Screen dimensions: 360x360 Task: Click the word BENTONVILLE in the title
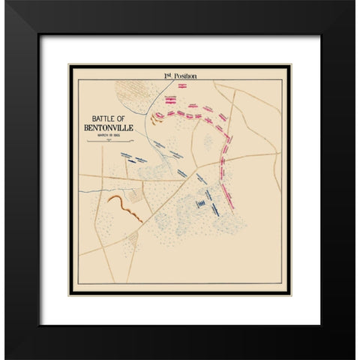(112, 126)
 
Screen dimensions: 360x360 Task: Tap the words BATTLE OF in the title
(112, 117)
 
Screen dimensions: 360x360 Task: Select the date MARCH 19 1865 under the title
(112, 134)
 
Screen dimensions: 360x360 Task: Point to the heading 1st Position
(179, 76)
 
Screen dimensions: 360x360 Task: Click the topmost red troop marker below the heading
(180, 88)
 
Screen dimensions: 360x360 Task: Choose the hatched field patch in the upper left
(133, 94)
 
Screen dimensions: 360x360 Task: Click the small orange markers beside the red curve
(157, 116)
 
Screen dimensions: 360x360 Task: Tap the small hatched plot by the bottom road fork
(132, 240)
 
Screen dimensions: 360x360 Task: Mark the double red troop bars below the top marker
(170, 98)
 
